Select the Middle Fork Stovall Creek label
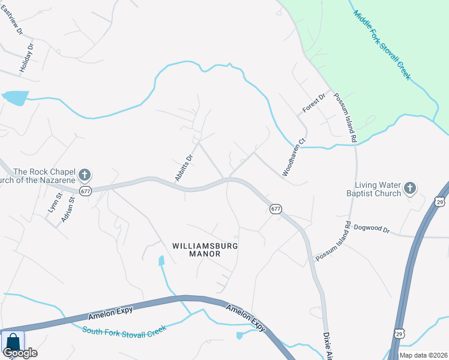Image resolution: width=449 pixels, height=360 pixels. point(381,44)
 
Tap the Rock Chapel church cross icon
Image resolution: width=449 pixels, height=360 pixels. point(85,175)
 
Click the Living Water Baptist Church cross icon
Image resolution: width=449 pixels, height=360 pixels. point(410,189)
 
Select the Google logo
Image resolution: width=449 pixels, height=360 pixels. point(20,353)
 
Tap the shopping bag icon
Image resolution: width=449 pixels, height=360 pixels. point(12,342)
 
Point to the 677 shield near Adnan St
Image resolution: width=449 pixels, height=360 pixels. point(85,191)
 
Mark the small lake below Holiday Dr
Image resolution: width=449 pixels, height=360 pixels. point(16,97)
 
